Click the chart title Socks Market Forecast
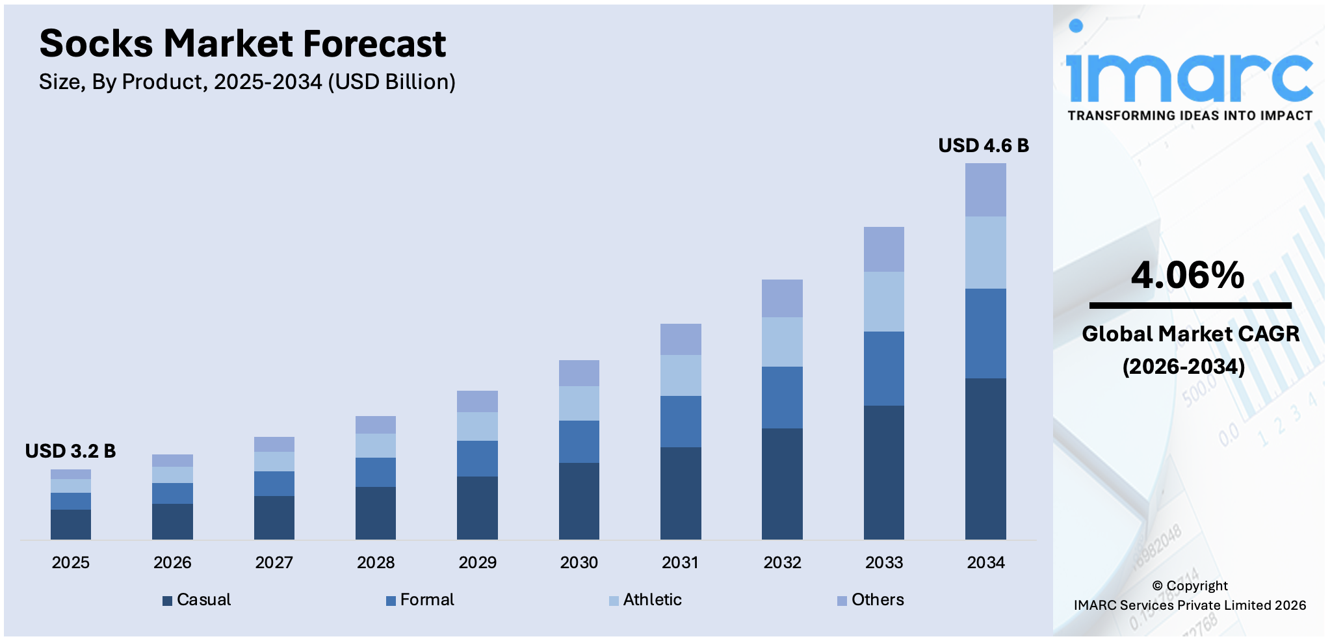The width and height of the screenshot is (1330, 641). point(242,44)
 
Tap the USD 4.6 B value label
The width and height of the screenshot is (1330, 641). point(983,146)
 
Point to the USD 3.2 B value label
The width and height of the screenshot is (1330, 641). point(70,451)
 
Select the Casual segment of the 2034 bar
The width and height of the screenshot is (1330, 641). point(985,458)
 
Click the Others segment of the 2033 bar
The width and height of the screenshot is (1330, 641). point(883,249)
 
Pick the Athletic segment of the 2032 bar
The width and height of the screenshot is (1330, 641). point(781,342)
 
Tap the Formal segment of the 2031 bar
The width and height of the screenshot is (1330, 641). point(680,421)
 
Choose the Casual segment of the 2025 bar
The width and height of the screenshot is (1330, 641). point(70,524)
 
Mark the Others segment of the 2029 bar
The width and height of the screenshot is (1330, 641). point(477,401)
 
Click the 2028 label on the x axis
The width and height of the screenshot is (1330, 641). point(375,562)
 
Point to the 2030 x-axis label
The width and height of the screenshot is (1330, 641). point(579,562)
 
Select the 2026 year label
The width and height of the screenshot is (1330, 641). point(172,562)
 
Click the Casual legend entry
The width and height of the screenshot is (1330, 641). point(197,599)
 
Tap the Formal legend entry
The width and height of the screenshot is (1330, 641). point(420,599)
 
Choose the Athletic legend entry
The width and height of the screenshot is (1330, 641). point(645,599)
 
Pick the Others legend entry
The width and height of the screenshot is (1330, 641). point(870,599)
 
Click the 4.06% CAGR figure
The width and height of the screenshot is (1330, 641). point(1187,275)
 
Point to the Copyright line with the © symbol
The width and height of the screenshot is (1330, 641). point(1190,586)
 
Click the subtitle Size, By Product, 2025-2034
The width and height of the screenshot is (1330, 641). point(247,82)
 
